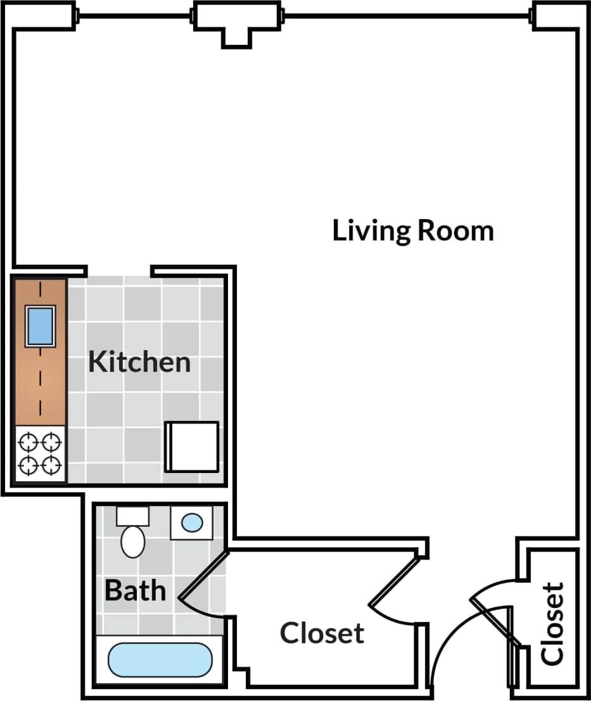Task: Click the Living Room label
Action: point(413,231)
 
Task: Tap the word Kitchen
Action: point(139,362)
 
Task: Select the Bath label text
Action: point(136,590)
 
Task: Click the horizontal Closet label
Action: point(322,633)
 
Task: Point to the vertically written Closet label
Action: point(552,624)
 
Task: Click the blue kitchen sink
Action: point(40,325)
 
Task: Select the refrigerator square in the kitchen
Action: point(192,447)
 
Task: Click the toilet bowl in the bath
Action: point(133,541)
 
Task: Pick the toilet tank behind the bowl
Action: point(132,515)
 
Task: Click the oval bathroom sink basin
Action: point(192,522)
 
